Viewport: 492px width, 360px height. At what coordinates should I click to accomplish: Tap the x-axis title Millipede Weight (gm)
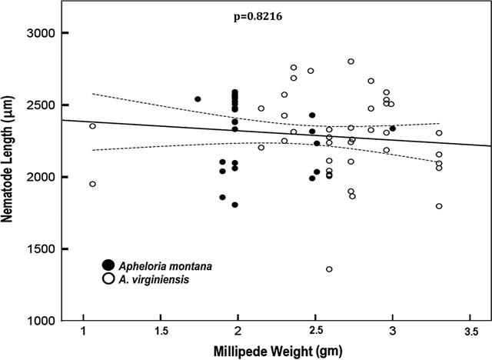coord(275,350)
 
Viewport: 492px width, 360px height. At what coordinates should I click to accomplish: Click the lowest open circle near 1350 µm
coord(329,269)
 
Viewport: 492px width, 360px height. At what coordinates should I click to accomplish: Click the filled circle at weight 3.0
coord(392,128)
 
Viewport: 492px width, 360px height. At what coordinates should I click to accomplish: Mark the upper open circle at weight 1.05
coord(92,126)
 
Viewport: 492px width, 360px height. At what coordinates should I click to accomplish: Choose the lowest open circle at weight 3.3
coord(439,206)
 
